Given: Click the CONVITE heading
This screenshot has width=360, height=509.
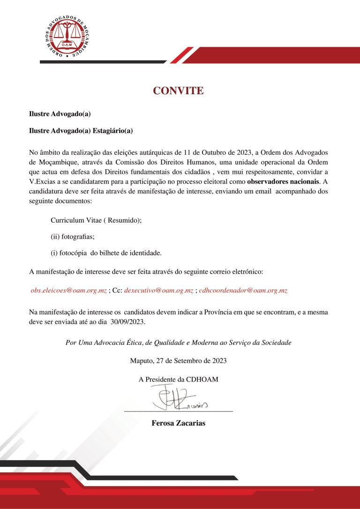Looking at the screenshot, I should [178, 91].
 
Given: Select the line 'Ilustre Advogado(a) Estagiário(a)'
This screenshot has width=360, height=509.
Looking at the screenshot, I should [81, 131].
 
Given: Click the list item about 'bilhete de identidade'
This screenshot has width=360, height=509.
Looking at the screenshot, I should [106, 253].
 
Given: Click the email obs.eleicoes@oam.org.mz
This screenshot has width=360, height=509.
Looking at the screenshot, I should [68, 291].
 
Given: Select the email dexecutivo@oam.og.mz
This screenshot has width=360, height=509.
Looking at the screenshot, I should [159, 291].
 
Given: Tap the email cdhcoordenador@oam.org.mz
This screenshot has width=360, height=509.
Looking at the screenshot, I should [243, 291].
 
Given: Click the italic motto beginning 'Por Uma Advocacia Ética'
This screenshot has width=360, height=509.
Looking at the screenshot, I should [179, 343].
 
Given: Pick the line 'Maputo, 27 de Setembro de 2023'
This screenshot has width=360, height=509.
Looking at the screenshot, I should [179, 361].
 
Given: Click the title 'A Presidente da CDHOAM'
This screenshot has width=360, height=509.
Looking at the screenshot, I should [179, 379].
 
